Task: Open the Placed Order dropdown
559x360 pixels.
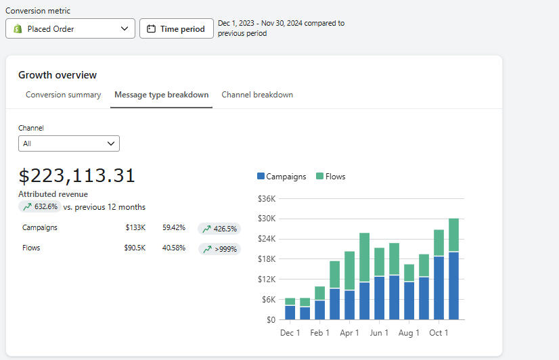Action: [70, 28]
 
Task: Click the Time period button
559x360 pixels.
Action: [176, 29]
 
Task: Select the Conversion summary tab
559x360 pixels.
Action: [63, 95]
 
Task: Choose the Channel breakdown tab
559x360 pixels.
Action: [257, 95]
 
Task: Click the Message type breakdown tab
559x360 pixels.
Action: [161, 95]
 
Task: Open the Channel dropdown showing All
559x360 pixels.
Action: [69, 143]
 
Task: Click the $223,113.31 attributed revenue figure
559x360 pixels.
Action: [76, 176]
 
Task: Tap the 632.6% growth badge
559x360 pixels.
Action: [40, 206]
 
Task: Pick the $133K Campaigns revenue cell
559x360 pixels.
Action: [135, 228]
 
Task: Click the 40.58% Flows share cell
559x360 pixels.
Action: [173, 248]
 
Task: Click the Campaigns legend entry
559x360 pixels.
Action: [282, 177]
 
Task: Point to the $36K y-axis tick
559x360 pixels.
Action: [267, 198]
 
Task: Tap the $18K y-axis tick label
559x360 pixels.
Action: [267, 258]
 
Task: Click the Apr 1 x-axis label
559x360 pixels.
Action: [349, 333]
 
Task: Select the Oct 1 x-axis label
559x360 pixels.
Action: [439, 333]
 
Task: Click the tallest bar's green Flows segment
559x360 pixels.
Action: [453, 235]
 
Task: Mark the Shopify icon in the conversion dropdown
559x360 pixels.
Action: [18, 28]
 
